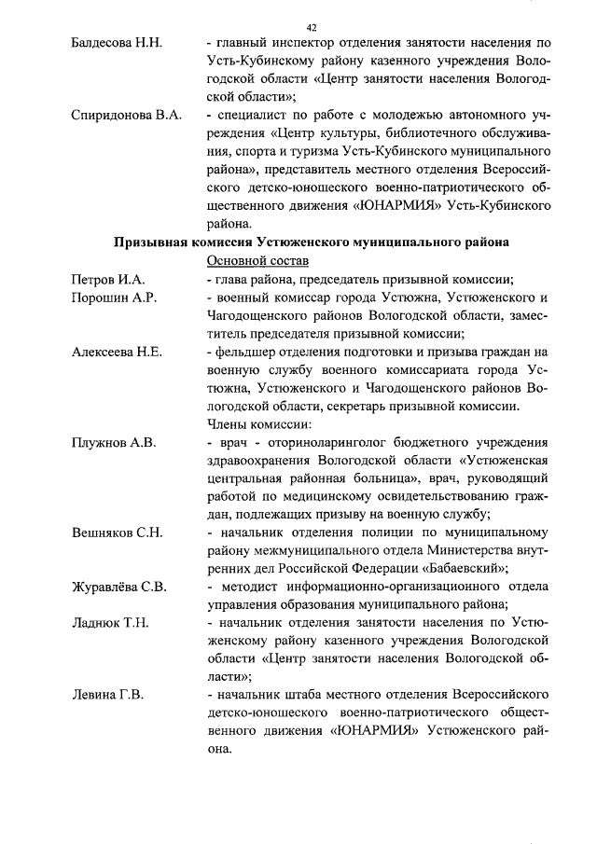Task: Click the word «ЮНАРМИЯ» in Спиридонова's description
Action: tap(395, 206)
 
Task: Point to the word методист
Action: tap(251, 587)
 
